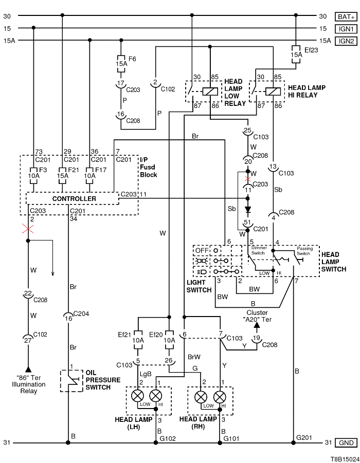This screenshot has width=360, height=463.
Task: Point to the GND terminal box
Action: (x=345, y=443)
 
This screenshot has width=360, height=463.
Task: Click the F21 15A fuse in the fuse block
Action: (x=62, y=174)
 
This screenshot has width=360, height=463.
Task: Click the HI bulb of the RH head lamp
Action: (x=220, y=396)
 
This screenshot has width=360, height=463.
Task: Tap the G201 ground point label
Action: (x=303, y=437)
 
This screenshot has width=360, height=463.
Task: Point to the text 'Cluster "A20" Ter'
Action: (x=257, y=316)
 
